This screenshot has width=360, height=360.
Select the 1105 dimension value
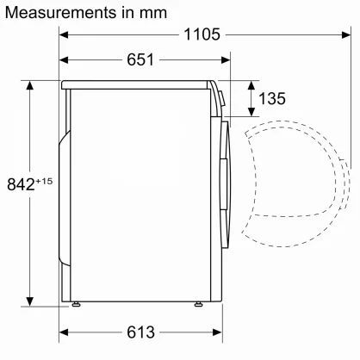(204, 35)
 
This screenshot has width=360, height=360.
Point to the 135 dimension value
(271, 99)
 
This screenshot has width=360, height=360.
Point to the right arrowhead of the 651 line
(227, 59)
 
